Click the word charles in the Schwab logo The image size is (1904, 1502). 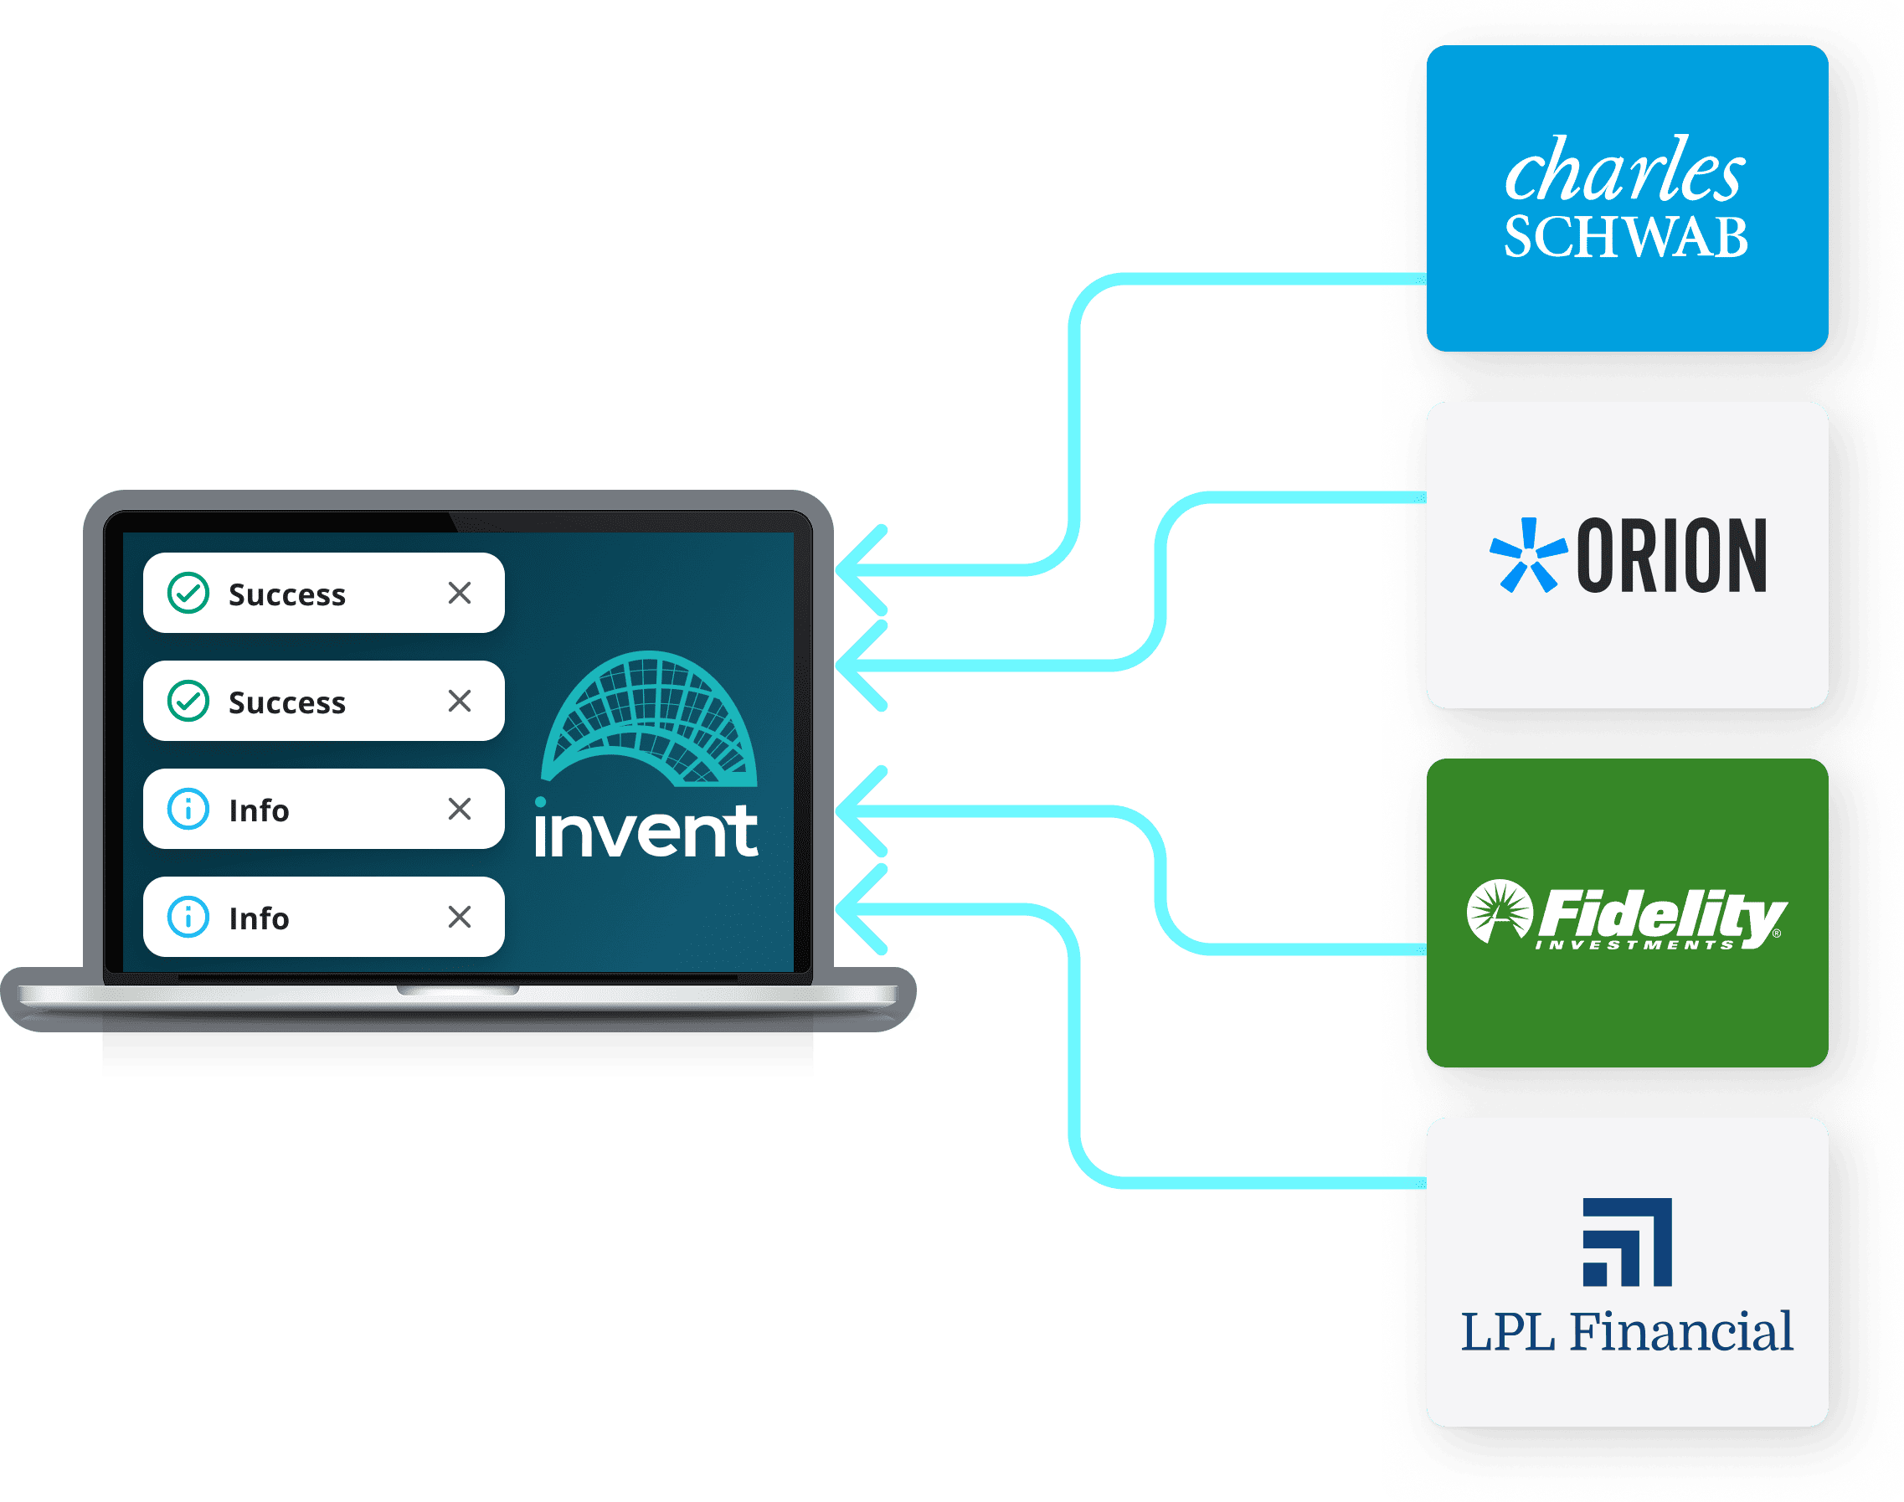click(x=1624, y=171)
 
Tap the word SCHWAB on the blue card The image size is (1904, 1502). click(x=1625, y=238)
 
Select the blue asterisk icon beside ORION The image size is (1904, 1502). click(x=1526, y=556)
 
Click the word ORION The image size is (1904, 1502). click(x=1671, y=556)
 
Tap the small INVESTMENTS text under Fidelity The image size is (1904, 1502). click(x=1634, y=945)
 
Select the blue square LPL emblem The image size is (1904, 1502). click(x=1626, y=1242)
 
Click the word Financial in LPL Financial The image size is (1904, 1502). click(x=1681, y=1331)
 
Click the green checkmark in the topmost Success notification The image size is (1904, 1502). click(x=188, y=593)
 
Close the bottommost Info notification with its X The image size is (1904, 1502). click(x=459, y=918)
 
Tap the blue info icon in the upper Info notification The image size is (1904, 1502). click(x=188, y=809)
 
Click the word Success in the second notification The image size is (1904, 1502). click(x=286, y=702)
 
